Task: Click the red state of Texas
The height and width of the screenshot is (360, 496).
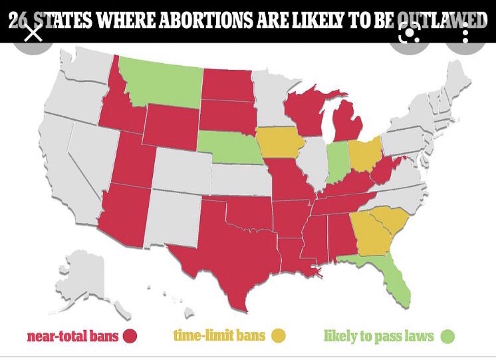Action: coord(229,256)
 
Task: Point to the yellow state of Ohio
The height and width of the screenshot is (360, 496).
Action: coord(365,153)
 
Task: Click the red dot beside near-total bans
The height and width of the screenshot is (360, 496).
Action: coord(130,335)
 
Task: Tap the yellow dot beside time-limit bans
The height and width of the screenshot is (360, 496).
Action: coord(277,335)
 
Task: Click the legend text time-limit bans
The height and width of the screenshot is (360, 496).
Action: coord(220,335)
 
